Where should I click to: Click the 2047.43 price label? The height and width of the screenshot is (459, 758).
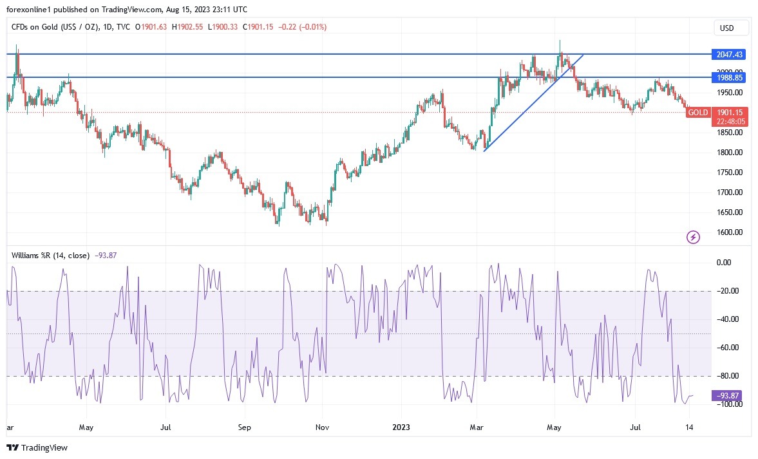[729, 55]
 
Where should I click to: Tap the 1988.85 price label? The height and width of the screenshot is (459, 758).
[729, 77]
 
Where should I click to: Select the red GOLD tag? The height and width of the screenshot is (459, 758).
[698, 113]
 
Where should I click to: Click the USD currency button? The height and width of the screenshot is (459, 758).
[732, 28]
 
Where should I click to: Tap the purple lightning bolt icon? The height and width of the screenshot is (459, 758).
[693, 238]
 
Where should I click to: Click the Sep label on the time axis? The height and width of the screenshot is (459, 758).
[244, 426]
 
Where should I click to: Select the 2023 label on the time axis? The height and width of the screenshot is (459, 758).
[402, 426]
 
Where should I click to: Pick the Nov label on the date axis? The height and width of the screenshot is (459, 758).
[323, 426]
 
